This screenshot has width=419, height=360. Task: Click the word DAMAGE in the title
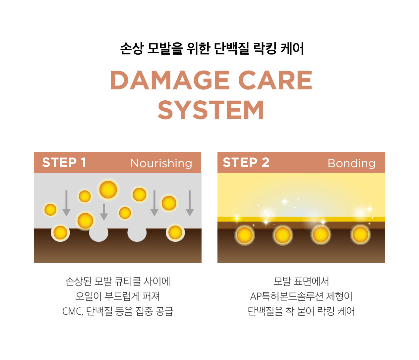pyautogui.click(x=169, y=80)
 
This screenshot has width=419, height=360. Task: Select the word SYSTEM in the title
pyautogui.click(x=211, y=110)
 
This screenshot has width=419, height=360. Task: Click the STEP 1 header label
pyautogui.click(x=64, y=162)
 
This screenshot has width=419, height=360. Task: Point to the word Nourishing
pyautogui.click(x=161, y=163)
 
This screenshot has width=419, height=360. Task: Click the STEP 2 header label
pyautogui.click(x=246, y=162)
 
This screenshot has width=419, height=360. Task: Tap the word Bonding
pyautogui.click(x=351, y=163)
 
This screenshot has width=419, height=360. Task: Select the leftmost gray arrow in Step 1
pyautogui.click(x=66, y=203)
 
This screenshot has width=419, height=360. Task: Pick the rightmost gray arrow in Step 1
pyautogui.click(x=190, y=203)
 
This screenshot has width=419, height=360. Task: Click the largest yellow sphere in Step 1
pyautogui.click(x=108, y=190)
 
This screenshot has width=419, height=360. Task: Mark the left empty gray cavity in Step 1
pyautogui.click(x=98, y=233)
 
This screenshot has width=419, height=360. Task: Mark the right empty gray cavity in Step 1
pyautogui.click(x=137, y=233)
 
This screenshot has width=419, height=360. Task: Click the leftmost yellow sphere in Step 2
pyautogui.click(x=245, y=235)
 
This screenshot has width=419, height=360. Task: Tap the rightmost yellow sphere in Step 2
pyautogui.click(x=360, y=235)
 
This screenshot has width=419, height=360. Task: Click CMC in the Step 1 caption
pyautogui.click(x=72, y=311)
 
